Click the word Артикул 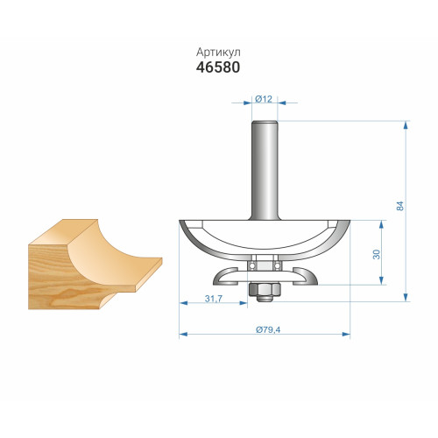(218, 53)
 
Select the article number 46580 (218, 67)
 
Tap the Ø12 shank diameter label (264, 99)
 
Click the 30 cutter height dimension (377, 254)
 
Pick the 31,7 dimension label (214, 299)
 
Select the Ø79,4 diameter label (268, 329)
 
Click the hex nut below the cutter (265, 289)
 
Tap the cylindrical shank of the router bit (265, 170)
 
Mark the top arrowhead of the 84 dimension (406, 125)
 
